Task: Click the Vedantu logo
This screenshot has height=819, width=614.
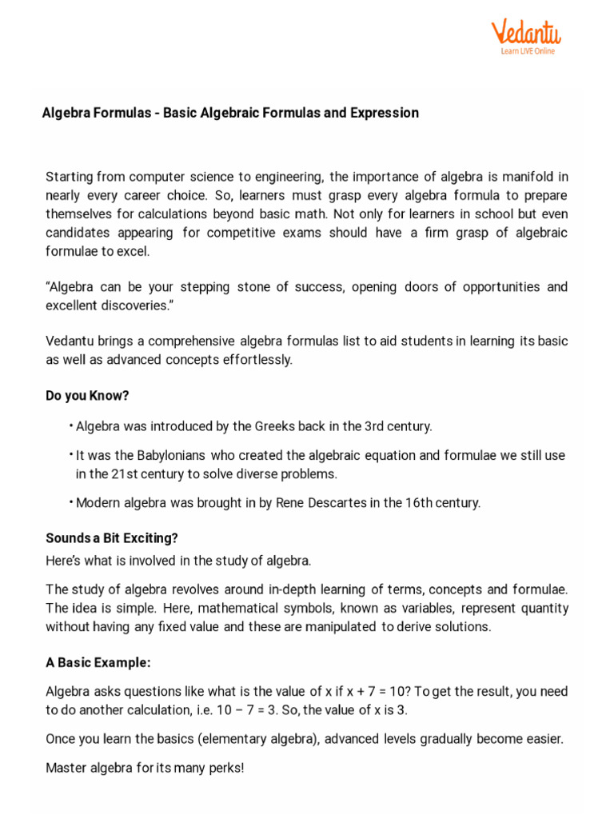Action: click(525, 34)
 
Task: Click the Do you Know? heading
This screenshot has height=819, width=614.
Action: click(87, 396)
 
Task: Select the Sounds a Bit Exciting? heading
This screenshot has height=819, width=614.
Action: click(112, 537)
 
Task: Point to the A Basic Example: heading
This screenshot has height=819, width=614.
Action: click(98, 663)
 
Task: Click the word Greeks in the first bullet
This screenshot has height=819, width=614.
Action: click(273, 426)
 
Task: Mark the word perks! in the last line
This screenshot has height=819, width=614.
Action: click(227, 768)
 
